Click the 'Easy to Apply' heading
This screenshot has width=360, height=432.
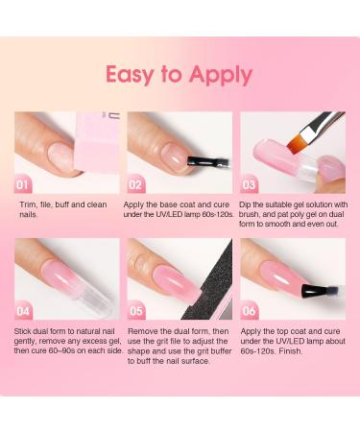[x=179, y=75]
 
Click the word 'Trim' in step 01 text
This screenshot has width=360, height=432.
[x=28, y=204]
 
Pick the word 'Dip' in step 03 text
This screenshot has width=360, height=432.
[x=250, y=204]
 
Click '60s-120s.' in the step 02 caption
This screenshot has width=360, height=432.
[x=211, y=215]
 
